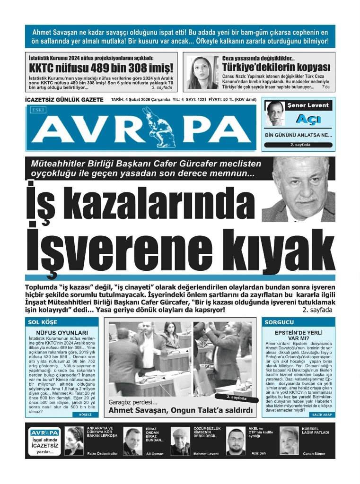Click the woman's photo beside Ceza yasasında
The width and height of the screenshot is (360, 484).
coord(202,73)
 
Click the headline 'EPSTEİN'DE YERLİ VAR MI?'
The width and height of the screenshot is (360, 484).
coord(299,336)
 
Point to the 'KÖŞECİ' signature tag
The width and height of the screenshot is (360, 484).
coord(85,415)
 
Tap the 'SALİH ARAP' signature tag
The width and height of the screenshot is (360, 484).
coord(322,415)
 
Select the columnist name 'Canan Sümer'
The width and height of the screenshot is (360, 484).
coord(314,454)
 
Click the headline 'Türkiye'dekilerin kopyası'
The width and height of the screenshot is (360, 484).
coord(276,67)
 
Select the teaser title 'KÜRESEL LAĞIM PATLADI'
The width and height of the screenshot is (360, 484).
coord(315,431)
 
